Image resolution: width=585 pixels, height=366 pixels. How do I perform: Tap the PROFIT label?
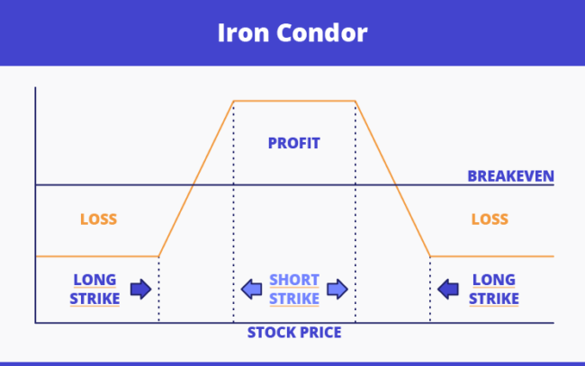tap(294, 143)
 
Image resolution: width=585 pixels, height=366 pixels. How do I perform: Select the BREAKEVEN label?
tap(510, 175)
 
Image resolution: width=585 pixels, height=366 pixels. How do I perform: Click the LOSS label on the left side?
tap(99, 219)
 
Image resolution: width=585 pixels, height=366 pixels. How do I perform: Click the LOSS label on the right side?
tap(490, 219)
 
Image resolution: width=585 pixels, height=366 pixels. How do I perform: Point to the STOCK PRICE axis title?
tap(294, 333)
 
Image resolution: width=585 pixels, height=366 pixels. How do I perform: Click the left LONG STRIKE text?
tap(95, 290)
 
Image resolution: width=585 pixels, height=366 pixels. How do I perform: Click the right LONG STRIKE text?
tap(494, 290)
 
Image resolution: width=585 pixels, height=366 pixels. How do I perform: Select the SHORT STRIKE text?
tap(294, 290)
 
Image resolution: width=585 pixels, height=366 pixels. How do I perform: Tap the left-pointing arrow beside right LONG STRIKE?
tap(448, 289)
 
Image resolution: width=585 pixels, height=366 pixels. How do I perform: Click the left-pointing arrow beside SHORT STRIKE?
tap(253, 289)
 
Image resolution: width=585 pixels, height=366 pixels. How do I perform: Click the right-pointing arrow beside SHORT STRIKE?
tap(337, 289)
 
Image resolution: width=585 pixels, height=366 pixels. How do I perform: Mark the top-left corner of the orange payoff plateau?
tap(233, 101)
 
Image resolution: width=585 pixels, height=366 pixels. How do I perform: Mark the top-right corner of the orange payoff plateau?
tap(355, 101)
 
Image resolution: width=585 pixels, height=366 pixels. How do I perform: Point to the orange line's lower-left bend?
tap(158, 256)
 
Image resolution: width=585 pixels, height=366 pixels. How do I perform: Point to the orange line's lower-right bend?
tap(430, 256)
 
